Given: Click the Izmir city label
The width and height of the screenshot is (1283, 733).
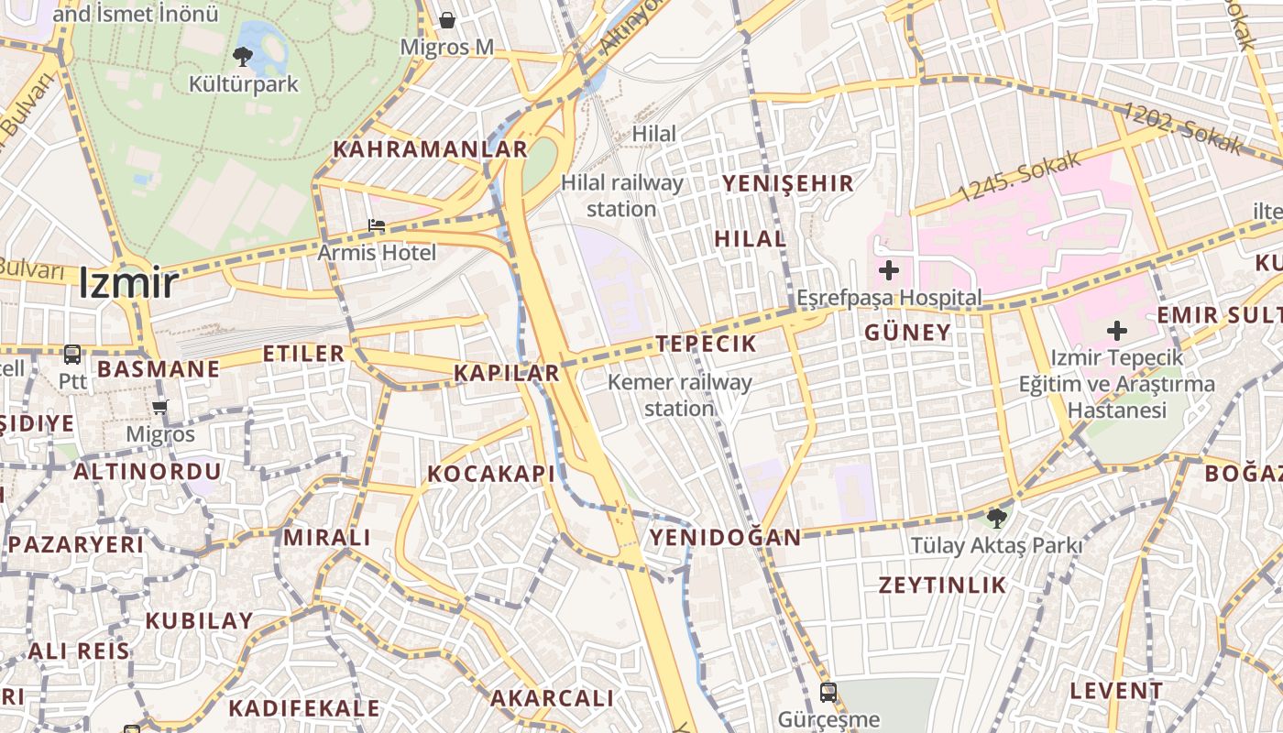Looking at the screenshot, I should (128, 283).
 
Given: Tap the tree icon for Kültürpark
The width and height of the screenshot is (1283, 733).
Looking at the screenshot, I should (243, 57).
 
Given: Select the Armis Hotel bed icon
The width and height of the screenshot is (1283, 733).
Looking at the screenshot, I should (377, 225).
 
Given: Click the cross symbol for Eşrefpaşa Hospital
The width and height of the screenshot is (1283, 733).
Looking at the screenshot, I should (888, 270).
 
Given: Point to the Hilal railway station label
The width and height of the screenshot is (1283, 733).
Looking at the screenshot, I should (622, 195).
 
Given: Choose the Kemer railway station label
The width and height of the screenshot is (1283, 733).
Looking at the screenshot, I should (679, 395).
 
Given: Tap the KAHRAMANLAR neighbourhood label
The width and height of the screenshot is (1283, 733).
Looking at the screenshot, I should (430, 149).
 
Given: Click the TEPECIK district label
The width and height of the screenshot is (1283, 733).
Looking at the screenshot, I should (707, 345).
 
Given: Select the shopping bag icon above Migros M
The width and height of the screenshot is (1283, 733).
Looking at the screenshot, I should (447, 19).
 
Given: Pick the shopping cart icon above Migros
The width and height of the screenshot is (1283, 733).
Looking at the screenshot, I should (160, 407).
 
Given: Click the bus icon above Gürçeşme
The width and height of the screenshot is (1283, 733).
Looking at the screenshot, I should (828, 692).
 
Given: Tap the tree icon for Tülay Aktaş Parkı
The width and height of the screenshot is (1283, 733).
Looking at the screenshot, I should (997, 519).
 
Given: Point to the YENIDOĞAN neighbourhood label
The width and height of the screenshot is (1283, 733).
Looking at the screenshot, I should (726, 537).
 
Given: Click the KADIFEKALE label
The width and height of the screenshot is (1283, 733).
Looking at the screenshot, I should (303, 708).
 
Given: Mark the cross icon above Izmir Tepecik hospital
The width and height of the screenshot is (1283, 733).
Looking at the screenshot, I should (1117, 330).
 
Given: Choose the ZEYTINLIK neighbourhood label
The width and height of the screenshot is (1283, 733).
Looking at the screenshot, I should (943, 585).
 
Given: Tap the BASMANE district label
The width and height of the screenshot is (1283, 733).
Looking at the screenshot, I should (159, 369).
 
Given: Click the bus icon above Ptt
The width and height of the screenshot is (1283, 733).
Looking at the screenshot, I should (71, 354).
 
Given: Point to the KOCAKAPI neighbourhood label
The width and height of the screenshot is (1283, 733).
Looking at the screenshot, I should (491, 474).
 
